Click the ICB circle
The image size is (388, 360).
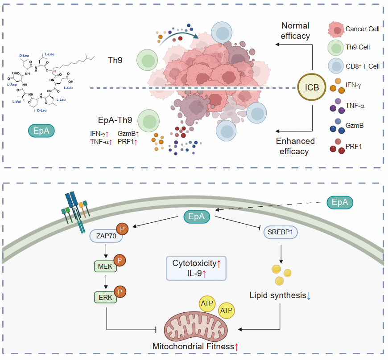pyautogui.click(x=312, y=87)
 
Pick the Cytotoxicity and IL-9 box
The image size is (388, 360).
pyautogui.click(x=196, y=268)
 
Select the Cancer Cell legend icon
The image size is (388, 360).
pyautogui.click(x=335, y=29)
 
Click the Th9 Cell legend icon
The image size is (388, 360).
pyautogui.click(x=335, y=47)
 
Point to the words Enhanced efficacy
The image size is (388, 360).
pyautogui.click(x=295, y=146)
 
